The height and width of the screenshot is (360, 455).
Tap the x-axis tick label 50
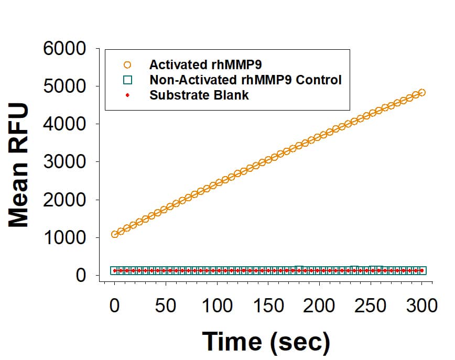point(166,305)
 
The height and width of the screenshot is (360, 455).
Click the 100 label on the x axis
point(216,305)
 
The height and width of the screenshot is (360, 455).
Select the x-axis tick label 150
point(268,305)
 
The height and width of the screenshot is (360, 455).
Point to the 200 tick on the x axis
point(319,305)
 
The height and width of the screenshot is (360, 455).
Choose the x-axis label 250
point(370,305)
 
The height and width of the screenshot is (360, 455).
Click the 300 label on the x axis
point(421,305)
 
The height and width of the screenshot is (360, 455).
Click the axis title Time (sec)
point(266,341)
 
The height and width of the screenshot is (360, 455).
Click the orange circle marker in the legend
point(127,65)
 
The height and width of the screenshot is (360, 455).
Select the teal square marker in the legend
point(127,80)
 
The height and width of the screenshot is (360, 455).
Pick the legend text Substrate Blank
point(199,95)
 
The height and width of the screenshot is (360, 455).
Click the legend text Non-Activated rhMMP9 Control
point(245,80)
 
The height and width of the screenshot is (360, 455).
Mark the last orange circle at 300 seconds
point(421,93)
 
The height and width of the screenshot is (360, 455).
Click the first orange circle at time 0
point(115,234)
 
